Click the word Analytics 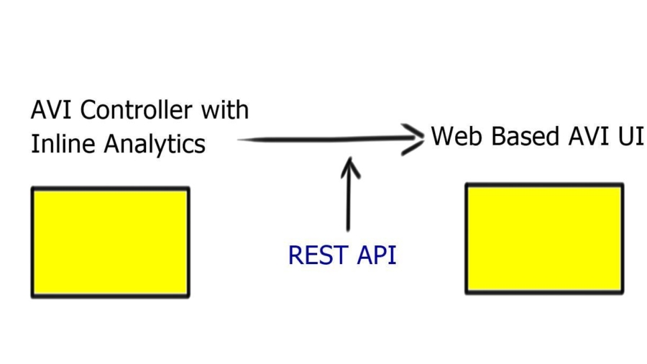click(155, 145)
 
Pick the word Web click(453, 135)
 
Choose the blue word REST click(313, 255)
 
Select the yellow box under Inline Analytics click(110, 242)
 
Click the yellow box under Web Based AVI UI click(544, 238)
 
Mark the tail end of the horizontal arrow click(239, 140)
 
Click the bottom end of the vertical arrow click(349, 229)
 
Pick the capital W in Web click(441, 135)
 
